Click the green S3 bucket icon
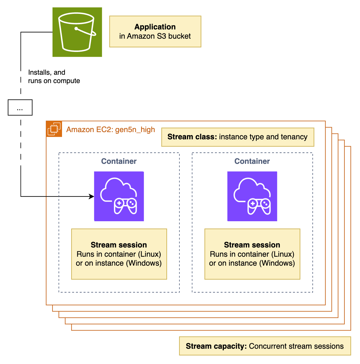click(77, 32)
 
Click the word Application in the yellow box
click(155, 27)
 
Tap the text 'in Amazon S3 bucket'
click(155, 36)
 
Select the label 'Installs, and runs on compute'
click(54, 77)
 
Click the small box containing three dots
click(20, 108)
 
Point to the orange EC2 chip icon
click(54, 129)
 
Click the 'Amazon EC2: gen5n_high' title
click(110, 130)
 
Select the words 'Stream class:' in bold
click(192, 137)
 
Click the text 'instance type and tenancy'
click(263, 137)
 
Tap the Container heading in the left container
click(119, 161)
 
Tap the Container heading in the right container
click(252, 161)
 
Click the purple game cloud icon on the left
click(119, 196)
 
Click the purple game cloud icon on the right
click(252, 196)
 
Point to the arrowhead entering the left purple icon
click(92, 196)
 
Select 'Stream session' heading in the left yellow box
click(119, 245)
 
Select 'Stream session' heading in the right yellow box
click(252, 245)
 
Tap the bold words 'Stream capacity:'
click(216, 346)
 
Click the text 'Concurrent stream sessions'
click(296, 346)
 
